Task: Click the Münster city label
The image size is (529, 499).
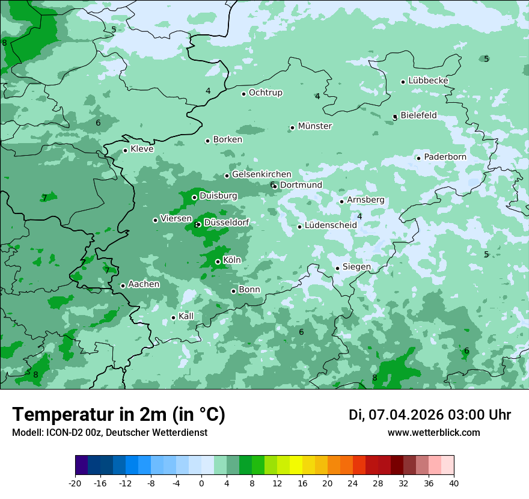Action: [315, 126]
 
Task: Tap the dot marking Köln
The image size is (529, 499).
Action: [218, 262]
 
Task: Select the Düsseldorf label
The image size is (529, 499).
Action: [227, 222]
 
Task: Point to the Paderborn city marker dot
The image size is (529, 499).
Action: [418, 158]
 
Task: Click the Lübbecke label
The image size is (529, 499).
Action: [428, 81]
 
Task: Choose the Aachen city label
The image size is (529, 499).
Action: [144, 284]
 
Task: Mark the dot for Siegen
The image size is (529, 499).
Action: [337, 268]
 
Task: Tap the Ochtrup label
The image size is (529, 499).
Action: [266, 93]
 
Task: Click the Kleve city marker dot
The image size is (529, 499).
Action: [125, 150]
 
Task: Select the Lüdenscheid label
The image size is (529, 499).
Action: [331, 225]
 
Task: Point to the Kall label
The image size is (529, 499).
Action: [186, 316]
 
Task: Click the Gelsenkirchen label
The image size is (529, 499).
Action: [261, 174]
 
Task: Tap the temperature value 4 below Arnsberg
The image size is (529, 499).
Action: [359, 216]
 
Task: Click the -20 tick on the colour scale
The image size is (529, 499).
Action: [75, 483]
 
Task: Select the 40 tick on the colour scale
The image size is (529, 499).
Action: [454, 483]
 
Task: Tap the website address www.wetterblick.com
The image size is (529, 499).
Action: [433, 433]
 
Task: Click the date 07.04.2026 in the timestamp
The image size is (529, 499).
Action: [406, 415]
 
